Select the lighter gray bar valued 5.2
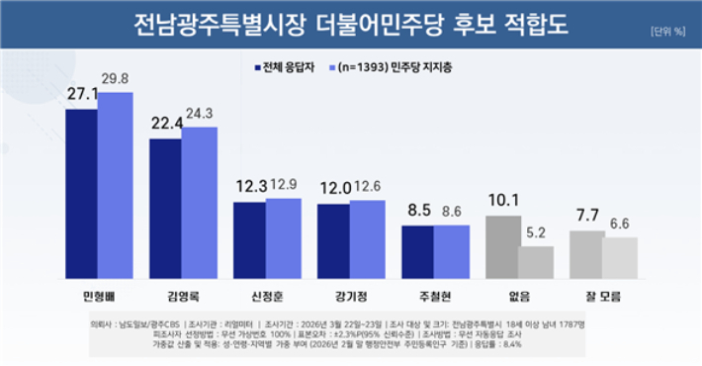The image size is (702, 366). click(536, 262)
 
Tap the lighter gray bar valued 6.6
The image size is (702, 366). click(620, 257)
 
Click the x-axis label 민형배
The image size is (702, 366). click(99, 295)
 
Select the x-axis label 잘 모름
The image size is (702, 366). click(603, 295)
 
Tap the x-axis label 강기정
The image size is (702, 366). click(351, 295)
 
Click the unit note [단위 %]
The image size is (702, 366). click(668, 31)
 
